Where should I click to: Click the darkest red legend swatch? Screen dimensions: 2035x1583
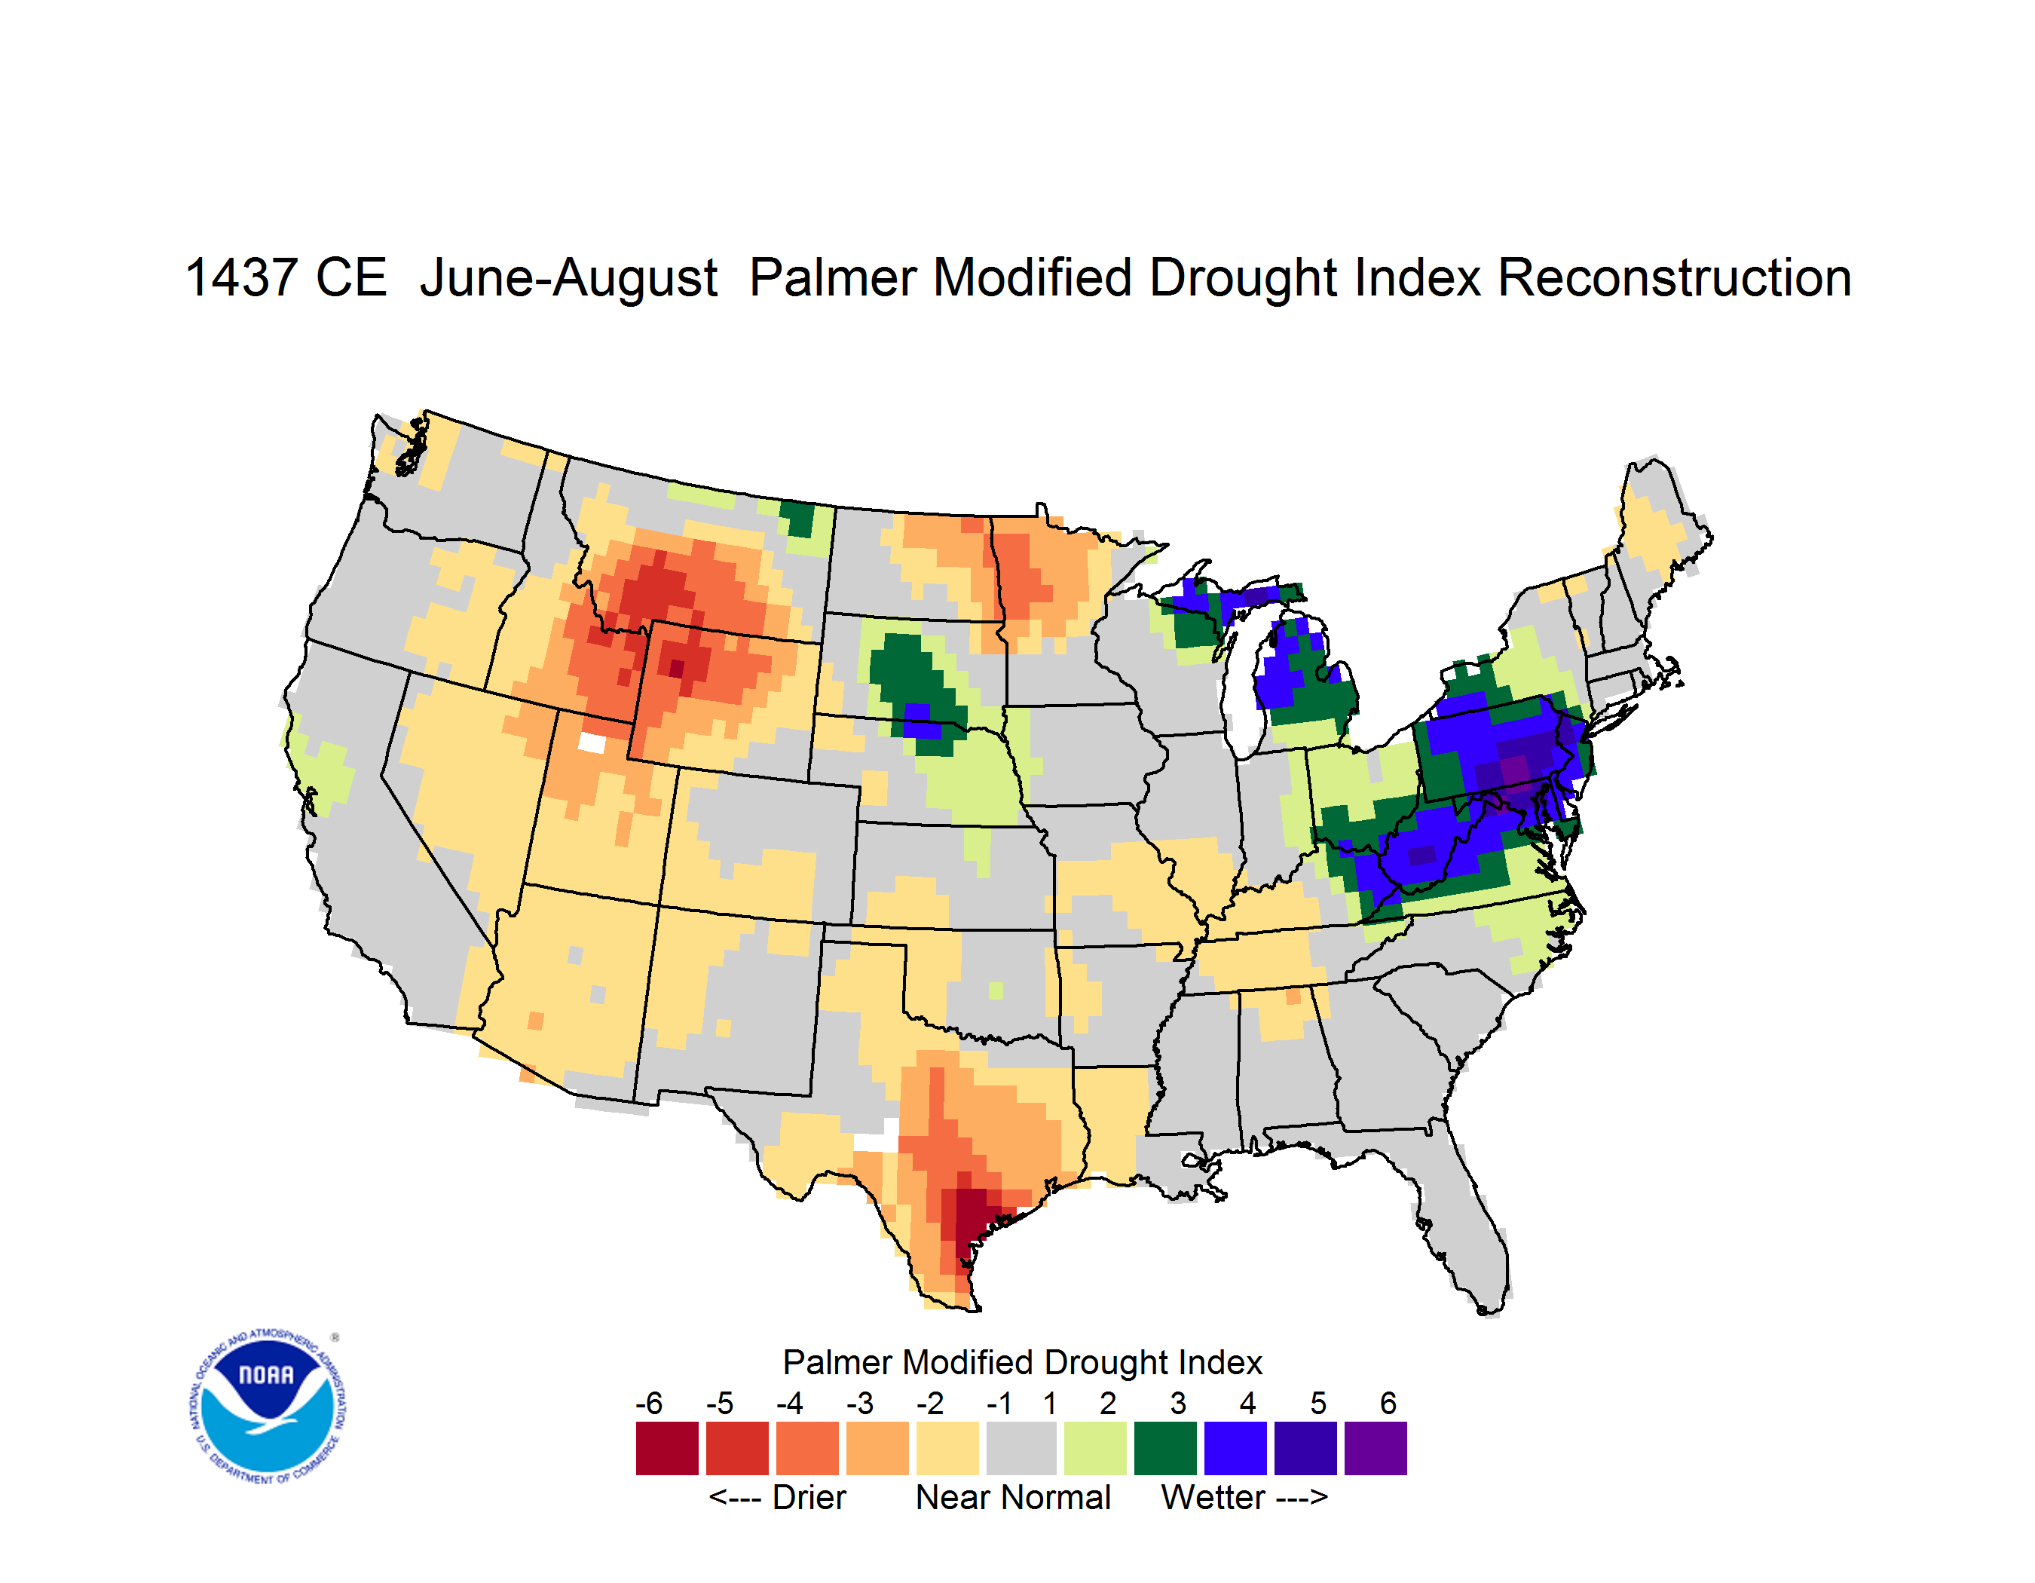click(667, 1448)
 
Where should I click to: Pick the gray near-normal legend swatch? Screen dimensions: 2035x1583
click(1021, 1448)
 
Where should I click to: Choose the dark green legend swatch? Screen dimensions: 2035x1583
click(1164, 1448)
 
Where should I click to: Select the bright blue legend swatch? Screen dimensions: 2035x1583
click(1235, 1448)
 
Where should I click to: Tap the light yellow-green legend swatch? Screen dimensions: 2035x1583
click(1095, 1448)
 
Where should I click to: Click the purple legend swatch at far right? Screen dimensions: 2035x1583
click(1376, 1448)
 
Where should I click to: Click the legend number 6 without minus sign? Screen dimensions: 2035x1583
click(1388, 1403)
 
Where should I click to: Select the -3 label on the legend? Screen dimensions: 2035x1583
click(859, 1403)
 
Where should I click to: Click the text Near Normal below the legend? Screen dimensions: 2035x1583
click(1013, 1497)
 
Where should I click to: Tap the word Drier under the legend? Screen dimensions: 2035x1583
click(809, 1497)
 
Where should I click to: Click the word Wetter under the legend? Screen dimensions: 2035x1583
click(1213, 1497)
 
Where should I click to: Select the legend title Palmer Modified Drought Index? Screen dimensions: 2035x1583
click(1022, 1362)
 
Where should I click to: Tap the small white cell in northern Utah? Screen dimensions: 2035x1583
click(592, 743)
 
